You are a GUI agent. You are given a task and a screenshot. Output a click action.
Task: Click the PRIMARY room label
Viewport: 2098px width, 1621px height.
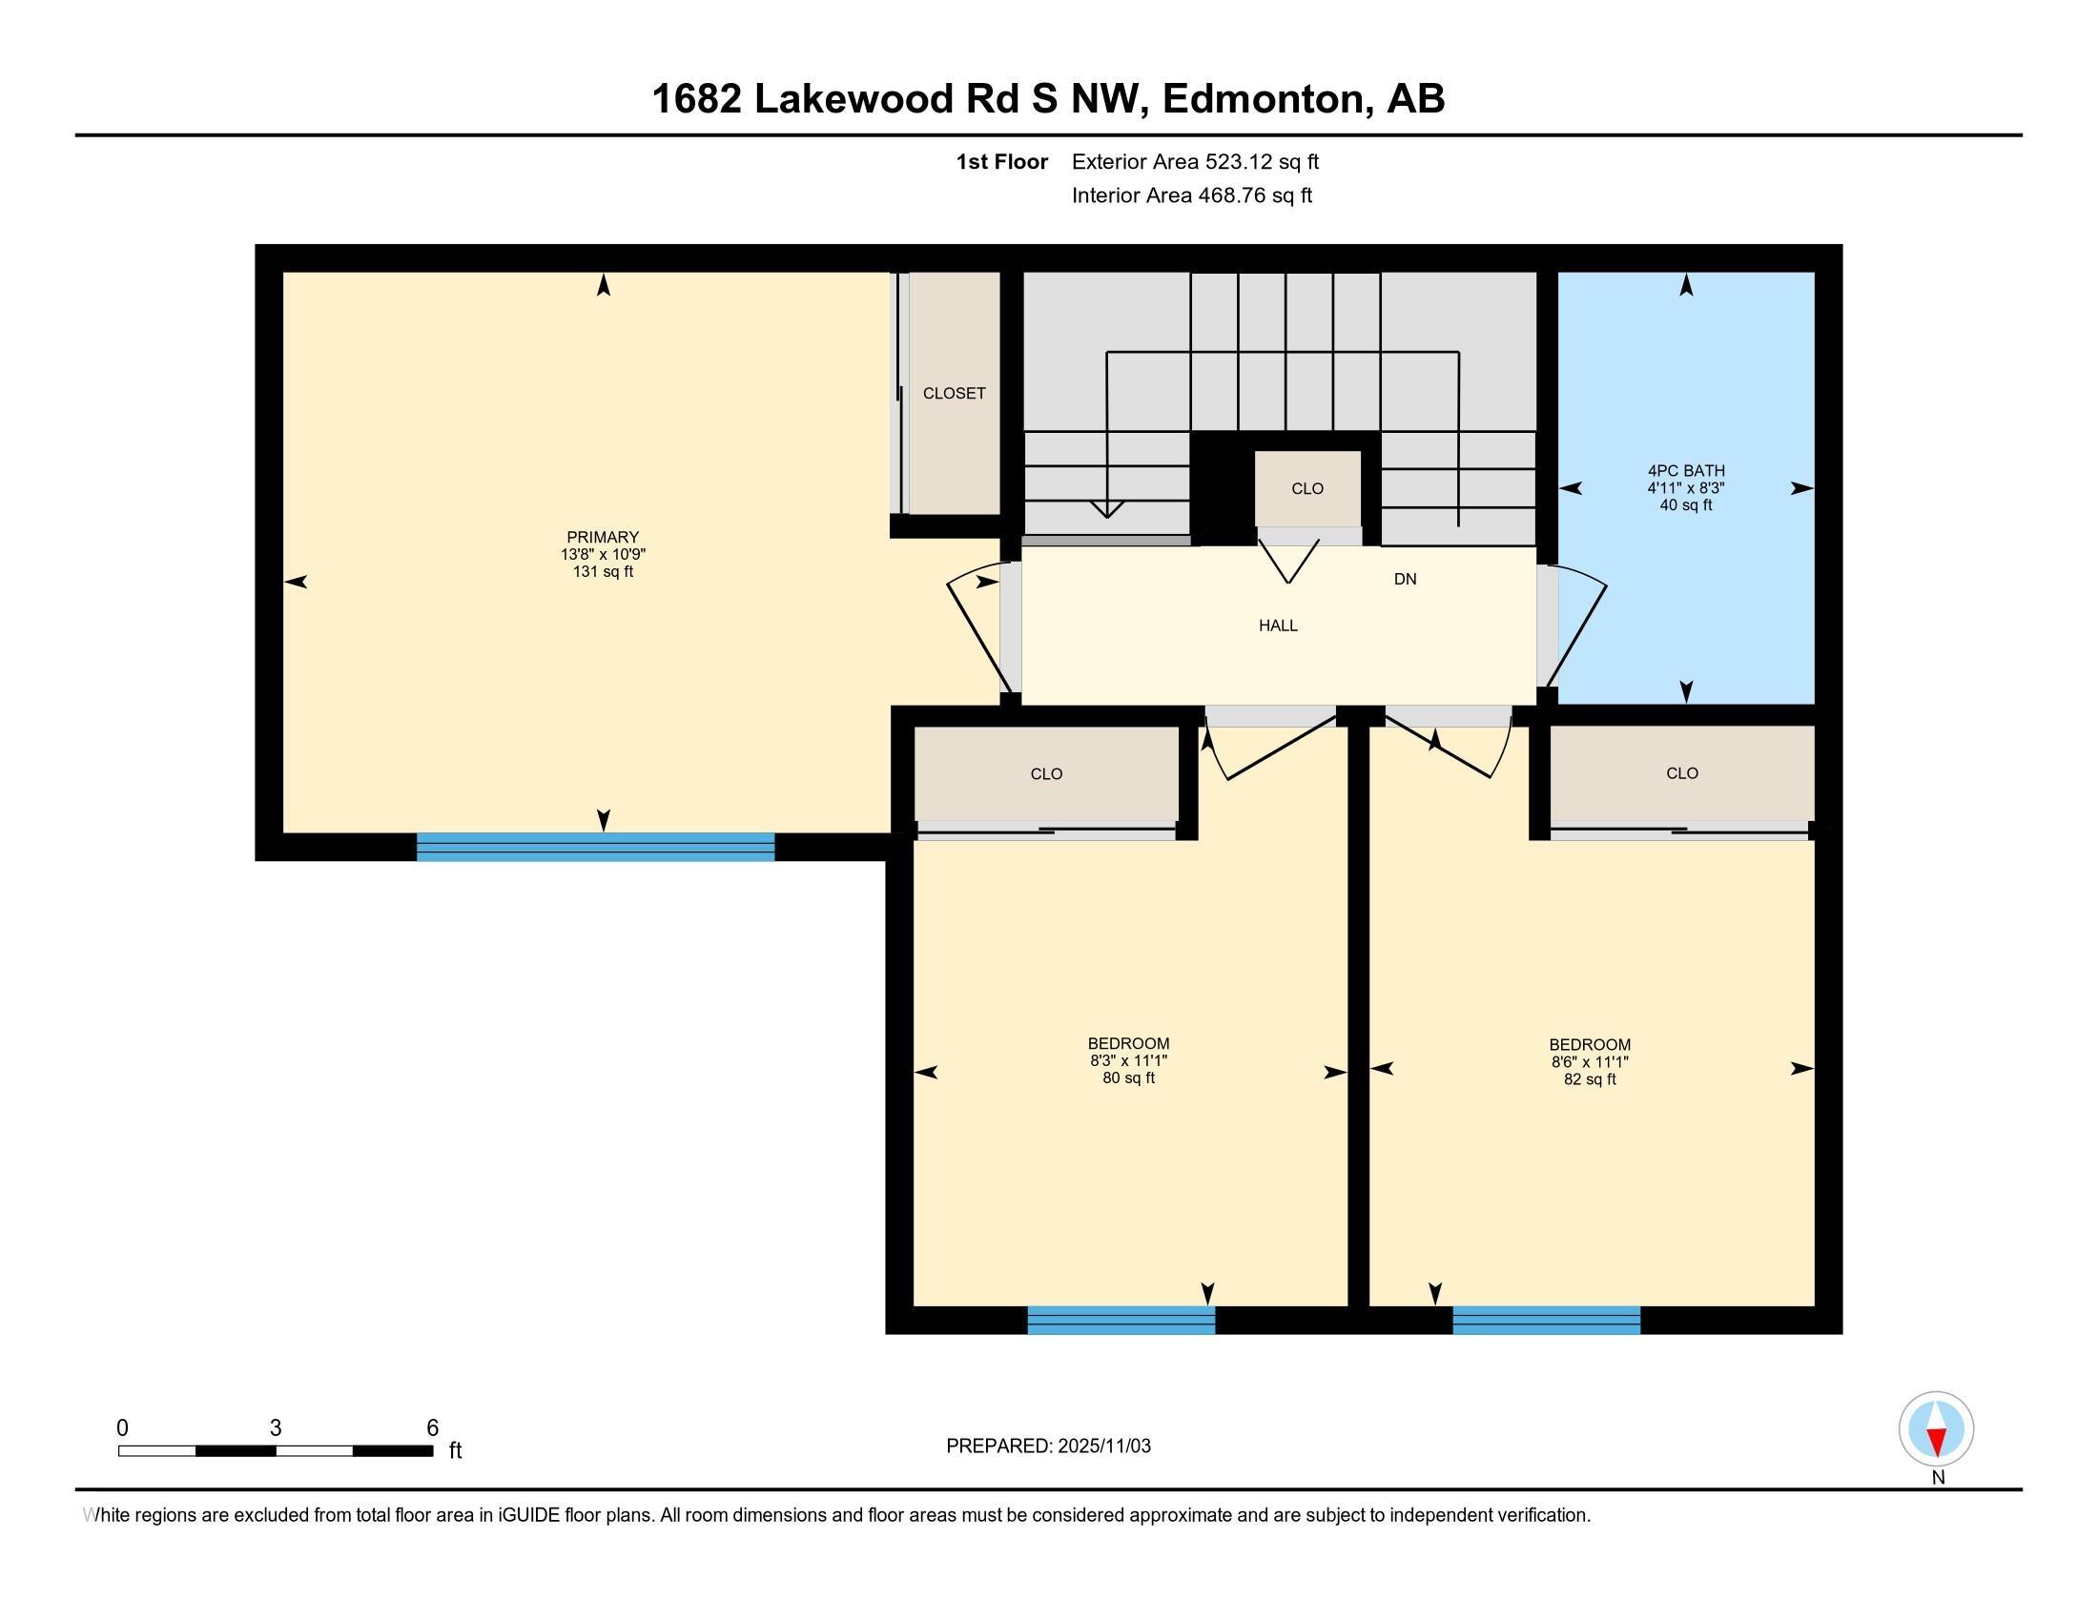pyautogui.click(x=603, y=537)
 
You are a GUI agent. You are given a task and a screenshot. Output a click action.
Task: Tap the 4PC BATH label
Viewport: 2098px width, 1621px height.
pyautogui.click(x=1686, y=470)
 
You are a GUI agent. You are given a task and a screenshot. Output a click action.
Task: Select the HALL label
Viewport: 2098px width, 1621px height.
pyautogui.click(x=1278, y=626)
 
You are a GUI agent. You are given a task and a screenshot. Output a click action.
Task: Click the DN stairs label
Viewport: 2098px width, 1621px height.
pyautogui.click(x=1406, y=579)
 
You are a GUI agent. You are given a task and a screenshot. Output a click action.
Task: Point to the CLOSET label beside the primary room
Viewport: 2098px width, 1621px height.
pyautogui.click(x=954, y=393)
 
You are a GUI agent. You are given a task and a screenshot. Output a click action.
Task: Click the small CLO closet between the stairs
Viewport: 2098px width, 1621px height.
pyautogui.click(x=1307, y=489)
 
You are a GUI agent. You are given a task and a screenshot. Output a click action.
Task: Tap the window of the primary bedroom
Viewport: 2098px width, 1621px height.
pyautogui.click(x=596, y=847)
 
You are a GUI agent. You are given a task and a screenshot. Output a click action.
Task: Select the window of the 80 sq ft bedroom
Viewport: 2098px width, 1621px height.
pyautogui.click(x=1121, y=1321)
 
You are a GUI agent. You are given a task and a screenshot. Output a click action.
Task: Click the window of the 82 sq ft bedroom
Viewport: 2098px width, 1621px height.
pyautogui.click(x=1547, y=1321)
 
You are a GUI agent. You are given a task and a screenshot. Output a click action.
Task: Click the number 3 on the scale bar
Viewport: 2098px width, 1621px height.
pyautogui.click(x=276, y=1428)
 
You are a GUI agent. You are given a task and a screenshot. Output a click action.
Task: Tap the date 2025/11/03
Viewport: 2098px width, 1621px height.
pyautogui.click(x=1103, y=1446)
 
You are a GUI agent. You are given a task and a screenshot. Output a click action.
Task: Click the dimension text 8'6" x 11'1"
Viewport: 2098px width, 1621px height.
pyautogui.click(x=1590, y=1062)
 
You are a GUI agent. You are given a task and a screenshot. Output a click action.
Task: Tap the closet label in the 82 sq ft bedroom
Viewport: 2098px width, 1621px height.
pyautogui.click(x=1682, y=773)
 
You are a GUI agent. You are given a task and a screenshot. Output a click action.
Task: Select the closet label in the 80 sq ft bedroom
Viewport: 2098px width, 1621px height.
pyautogui.click(x=1046, y=774)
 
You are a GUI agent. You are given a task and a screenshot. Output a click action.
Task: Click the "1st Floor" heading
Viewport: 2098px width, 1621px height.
pyautogui.click(x=1001, y=161)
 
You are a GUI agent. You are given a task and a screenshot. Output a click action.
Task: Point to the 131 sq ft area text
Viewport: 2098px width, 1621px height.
pyautogui.click(x=603, y=571)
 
